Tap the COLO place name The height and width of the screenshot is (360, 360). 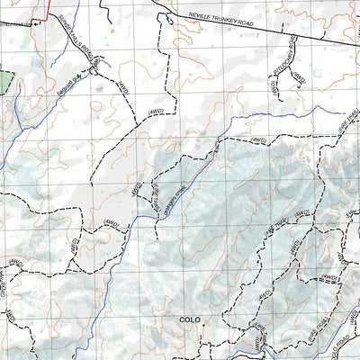click(x=189, y=319)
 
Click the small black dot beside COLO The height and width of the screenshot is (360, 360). click(x=202, y=320)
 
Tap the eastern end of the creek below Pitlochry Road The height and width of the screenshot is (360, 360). click(x=346, y=113)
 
